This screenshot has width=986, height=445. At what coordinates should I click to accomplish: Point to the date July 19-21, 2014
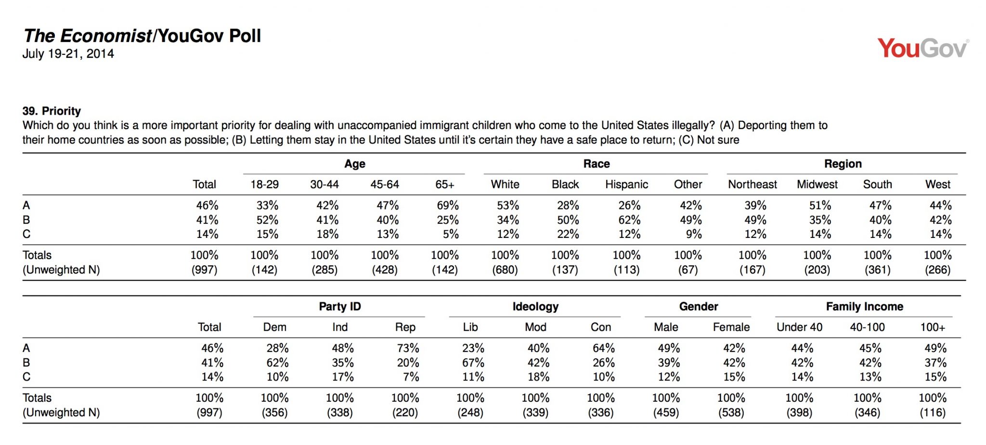68,54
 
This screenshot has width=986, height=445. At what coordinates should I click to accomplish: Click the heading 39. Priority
52,111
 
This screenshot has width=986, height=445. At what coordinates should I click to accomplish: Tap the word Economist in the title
106,36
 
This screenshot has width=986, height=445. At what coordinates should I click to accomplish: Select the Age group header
355,164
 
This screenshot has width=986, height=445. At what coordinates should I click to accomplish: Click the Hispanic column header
626,184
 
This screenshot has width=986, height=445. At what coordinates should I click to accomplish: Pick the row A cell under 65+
448,206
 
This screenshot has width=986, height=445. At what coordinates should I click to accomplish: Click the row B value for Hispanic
629,220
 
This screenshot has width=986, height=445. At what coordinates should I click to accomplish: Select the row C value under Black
568,235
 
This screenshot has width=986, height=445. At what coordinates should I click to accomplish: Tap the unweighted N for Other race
688,270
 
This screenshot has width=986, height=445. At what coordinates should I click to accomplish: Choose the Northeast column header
752,184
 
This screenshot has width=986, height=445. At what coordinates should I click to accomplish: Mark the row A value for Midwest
820,206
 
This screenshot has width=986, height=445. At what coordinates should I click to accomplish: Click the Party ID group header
340,307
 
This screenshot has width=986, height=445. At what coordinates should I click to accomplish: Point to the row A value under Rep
408,348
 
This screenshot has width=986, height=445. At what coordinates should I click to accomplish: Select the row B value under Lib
473,363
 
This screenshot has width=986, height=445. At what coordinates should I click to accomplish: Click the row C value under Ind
343,377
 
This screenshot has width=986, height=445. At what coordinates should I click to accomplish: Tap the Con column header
601,327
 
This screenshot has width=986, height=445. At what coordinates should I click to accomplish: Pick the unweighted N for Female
731,413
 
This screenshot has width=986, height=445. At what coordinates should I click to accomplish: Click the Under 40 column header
800,327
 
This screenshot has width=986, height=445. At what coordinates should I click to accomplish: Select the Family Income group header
865,307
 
